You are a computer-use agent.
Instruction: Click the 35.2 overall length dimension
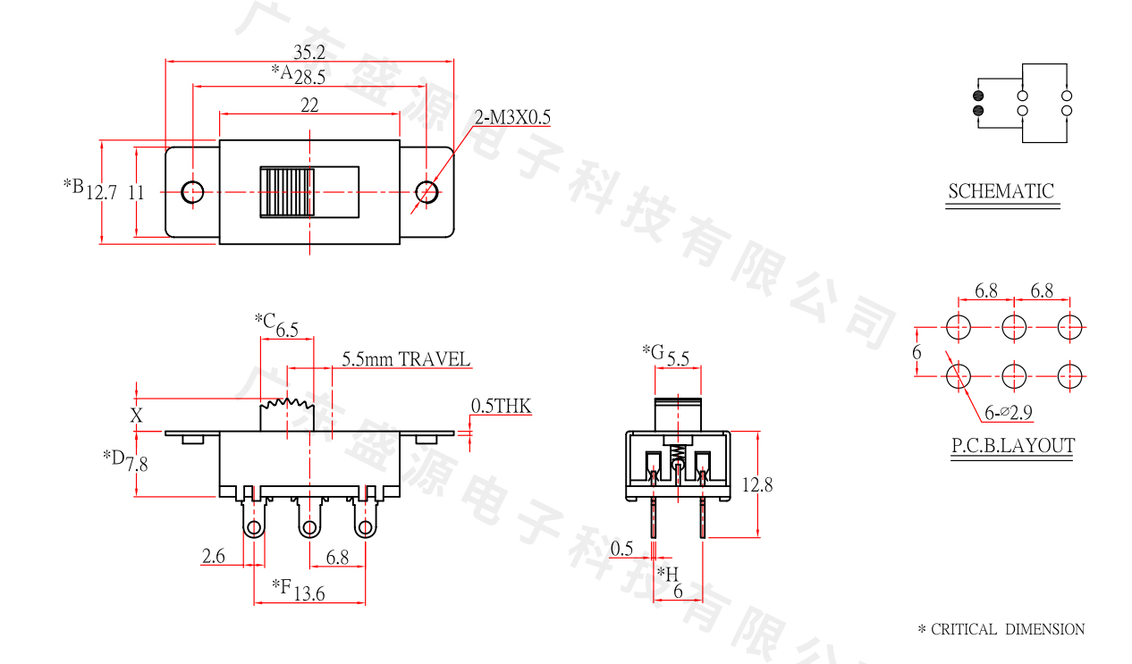(309, 52)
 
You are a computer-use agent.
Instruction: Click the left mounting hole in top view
(192, 191)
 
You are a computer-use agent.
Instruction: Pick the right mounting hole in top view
(427, 191)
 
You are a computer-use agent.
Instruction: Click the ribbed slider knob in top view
(286, 191)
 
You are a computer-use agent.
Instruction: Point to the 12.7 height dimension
(102, 191)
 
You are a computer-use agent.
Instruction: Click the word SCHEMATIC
(1001, 191)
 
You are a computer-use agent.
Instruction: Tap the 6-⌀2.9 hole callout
(1009, 412)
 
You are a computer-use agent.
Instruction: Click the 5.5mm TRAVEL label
(406, 359)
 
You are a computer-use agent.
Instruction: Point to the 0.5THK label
(501, 407)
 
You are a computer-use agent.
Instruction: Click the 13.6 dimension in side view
(308, 593)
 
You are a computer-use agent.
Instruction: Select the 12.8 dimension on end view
(757, 484)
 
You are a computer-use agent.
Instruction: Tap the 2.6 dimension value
(214, 557)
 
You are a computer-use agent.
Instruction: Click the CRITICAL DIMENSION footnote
(1001, 629)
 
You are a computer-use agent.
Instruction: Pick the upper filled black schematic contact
(977, 95)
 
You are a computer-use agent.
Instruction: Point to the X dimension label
(136, 415)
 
